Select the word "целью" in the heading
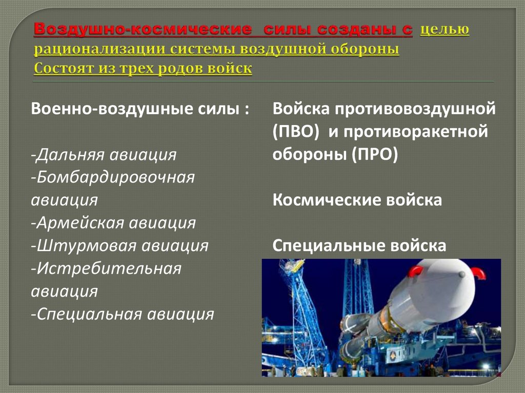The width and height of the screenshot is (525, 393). [x=445, y=31]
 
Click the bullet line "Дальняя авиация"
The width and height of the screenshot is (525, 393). [x=104, y=154]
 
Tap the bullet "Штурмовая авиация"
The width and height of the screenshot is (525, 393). [x=119, y=245]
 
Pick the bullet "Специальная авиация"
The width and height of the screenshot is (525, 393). [x=122, y=314]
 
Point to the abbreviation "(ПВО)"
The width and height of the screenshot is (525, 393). [x=296, y=132]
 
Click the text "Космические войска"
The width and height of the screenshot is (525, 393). [x=357, y=200]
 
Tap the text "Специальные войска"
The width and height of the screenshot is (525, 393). [x=359, y=245]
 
